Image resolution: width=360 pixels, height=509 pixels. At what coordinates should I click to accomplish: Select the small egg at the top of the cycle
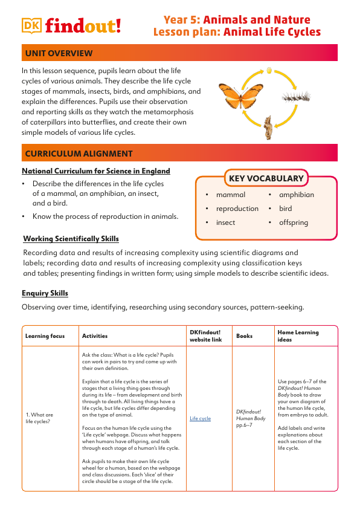(x=269, y=71)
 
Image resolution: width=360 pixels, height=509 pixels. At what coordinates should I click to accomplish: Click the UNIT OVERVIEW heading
(x=59, y=54)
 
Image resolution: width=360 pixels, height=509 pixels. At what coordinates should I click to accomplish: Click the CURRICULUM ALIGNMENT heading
(x=79, y=154)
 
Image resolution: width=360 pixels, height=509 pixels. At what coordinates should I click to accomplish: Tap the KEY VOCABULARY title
(x=266, y=178)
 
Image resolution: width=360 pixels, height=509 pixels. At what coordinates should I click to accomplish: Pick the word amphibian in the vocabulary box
(x=296, y=195)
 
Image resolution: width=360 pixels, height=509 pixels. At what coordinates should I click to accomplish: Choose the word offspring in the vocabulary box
(x=293, y=222)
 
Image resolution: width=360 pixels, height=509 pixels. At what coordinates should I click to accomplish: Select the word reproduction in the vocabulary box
(x=237, y=209)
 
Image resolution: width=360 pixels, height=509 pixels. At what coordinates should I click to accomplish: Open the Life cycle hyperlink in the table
(x=200, y=418)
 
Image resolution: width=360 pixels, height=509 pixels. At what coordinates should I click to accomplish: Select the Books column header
(x=244, y=336)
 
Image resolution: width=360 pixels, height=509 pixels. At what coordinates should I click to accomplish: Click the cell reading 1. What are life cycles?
(x=40, y=418)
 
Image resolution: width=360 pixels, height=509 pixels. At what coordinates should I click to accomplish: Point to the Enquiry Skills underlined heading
(x=45, y=293)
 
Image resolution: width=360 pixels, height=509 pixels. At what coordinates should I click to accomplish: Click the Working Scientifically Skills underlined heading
(x=71, y=238)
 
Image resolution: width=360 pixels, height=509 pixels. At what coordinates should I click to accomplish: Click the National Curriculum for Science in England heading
(x=95, y=171)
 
